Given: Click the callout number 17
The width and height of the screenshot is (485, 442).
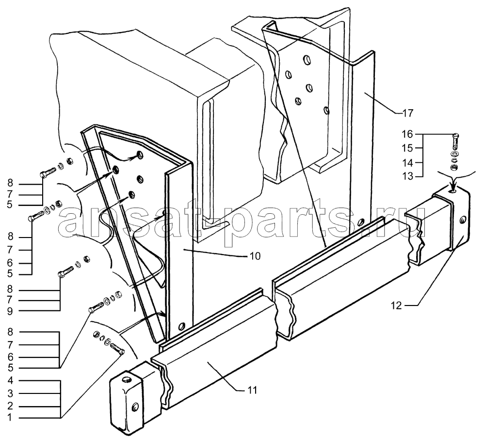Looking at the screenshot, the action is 408,114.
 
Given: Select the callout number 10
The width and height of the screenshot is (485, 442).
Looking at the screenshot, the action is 255,256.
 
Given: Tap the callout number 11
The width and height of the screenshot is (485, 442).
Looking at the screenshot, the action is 252,391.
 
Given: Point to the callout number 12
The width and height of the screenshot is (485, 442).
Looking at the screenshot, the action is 396,306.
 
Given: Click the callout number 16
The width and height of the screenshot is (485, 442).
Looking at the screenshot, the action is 407,134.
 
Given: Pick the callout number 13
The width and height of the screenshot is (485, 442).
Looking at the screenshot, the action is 407,176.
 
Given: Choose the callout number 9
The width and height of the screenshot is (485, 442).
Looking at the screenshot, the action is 10,311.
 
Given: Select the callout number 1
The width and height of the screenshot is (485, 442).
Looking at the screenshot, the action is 10,418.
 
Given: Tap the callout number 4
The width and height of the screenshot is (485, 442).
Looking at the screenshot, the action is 10,380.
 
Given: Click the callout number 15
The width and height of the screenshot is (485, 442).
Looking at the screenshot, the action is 407,148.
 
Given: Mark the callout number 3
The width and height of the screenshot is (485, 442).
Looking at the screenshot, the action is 10,394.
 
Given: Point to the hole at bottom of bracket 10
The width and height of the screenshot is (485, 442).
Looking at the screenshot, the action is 182,326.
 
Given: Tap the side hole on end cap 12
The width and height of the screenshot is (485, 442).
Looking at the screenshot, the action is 462,220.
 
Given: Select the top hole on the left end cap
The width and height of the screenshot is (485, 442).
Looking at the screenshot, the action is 126,379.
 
